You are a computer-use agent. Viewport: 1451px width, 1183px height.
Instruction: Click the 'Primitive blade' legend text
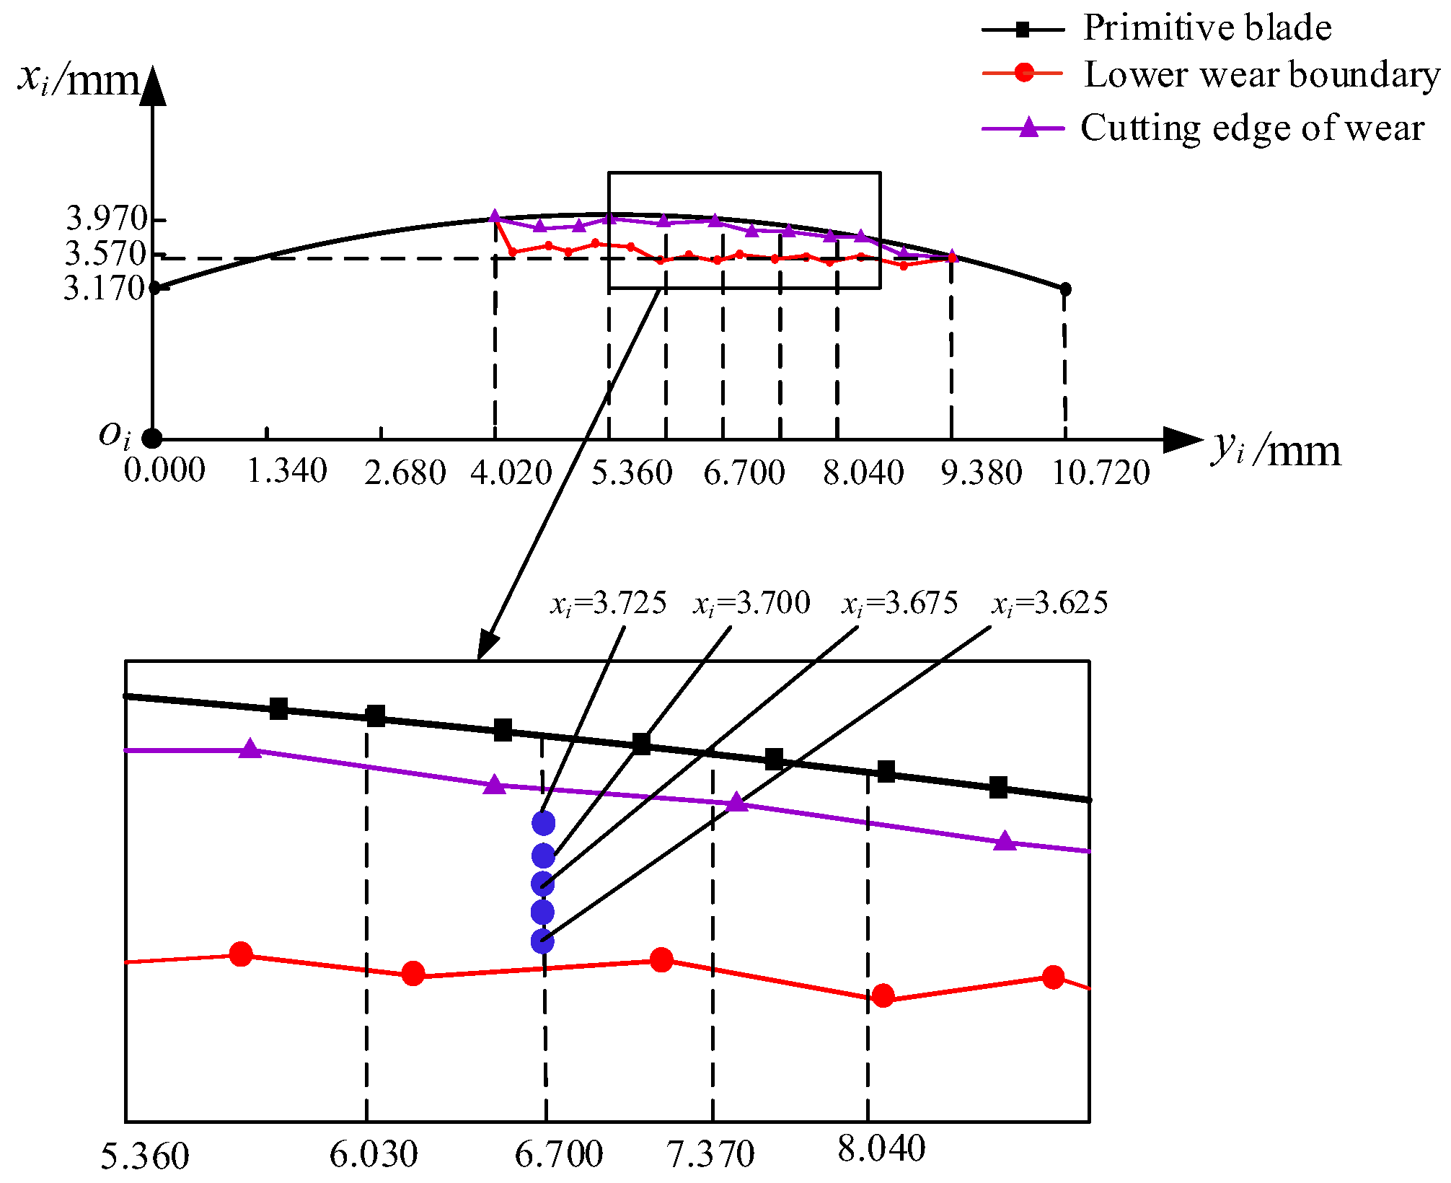click(1207, 28)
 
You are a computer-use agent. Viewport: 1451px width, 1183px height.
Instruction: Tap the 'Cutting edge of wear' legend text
click(1252, 128)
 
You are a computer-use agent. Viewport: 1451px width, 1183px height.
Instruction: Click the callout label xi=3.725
click(609, 603)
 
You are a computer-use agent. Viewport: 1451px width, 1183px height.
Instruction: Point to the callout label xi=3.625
click(1049, 603)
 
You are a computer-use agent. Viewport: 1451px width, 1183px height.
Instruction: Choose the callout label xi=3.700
click(751, 603)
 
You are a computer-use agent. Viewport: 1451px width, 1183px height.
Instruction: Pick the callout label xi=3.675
click(900, 603)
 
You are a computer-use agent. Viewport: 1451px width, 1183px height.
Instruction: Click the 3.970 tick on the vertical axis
click(107, 218)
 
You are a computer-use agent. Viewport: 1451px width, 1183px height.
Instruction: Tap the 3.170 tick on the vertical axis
click(105, 289)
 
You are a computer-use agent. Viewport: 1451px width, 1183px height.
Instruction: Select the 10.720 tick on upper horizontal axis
click(1101, 473)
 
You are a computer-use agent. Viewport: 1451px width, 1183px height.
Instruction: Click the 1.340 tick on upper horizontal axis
click(287, 472)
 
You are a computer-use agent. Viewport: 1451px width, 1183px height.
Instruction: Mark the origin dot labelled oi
click(151, 438)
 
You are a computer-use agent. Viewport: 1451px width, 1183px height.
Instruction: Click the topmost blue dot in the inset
click(543, 822)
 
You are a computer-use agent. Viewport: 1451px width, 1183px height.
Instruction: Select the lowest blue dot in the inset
click(542, 941)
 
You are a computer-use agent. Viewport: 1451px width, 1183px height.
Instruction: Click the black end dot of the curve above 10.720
click(1064, 289)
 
